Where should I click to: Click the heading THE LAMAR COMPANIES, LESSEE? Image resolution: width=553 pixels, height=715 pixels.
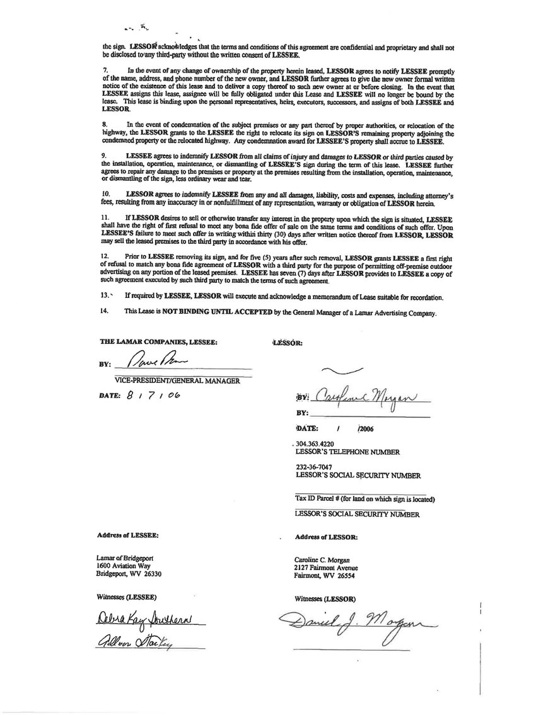(x=158, y=341)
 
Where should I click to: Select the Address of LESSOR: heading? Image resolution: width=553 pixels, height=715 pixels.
(x=326, y=537)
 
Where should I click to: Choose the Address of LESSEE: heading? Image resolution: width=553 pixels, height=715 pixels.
(x=128, y=535)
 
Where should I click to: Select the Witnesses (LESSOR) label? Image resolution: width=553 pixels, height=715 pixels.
(x=325, y=597)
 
